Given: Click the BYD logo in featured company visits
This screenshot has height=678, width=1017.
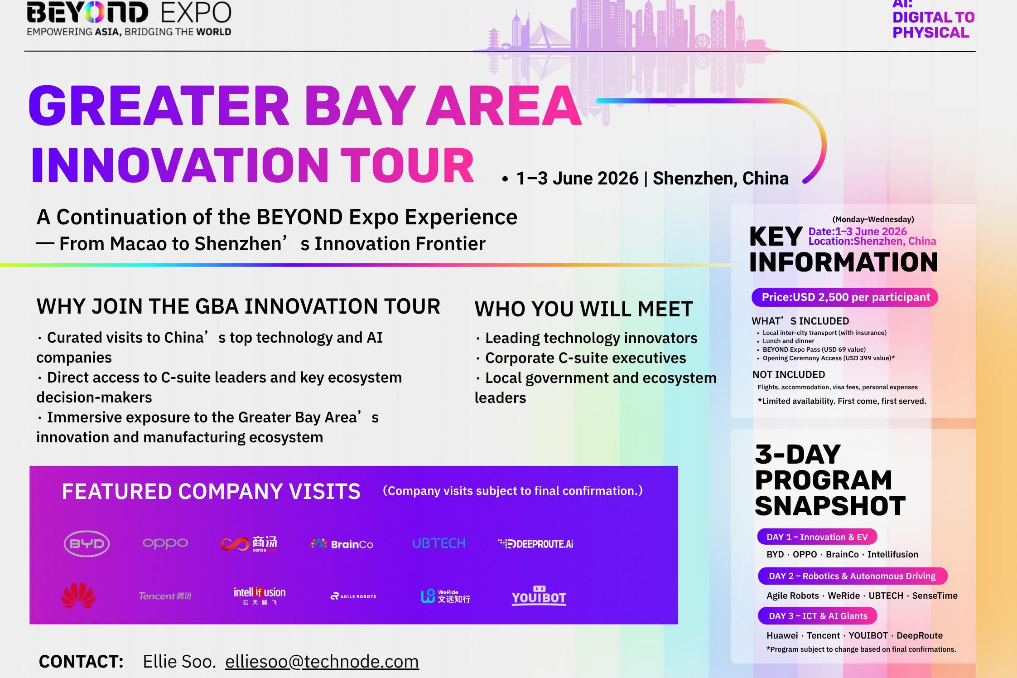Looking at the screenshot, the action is click(87, 543).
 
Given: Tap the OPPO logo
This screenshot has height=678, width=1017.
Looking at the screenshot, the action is click(165, 543).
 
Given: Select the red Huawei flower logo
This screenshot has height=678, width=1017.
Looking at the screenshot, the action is click(78, 596).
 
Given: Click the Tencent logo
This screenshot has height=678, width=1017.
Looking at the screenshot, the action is click(165, 596).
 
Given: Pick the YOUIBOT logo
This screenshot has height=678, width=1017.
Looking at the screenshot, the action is click(539, 596).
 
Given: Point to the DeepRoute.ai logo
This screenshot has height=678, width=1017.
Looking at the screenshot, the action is click(535, 544).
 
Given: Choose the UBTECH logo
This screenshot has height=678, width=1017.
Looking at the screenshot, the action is click(439, 543).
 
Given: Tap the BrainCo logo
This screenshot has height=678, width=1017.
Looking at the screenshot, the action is click(342, 544).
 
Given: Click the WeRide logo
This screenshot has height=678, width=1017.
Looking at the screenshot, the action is click(445, 596).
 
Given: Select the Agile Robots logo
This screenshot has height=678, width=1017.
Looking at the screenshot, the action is click(353, 596).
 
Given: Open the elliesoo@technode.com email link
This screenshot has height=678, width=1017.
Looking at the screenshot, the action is click(322, 662).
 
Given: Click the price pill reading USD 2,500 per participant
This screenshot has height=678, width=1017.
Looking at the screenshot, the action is click(845, 297).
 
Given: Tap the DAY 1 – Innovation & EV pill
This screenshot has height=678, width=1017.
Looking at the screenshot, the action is click(817, 537).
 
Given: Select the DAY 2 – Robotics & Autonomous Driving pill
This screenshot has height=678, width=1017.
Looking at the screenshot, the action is click(853, 576).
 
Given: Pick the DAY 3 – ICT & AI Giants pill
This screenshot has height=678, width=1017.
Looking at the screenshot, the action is click(818, 616).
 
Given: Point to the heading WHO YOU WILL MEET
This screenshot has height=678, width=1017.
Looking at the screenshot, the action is click(584, 309).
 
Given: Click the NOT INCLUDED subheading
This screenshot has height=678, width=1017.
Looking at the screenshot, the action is click(789, 375).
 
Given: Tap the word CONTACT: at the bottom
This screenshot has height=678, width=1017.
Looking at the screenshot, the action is click(81, 662).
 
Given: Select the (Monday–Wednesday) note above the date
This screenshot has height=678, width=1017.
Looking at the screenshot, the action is click(873, 219).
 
